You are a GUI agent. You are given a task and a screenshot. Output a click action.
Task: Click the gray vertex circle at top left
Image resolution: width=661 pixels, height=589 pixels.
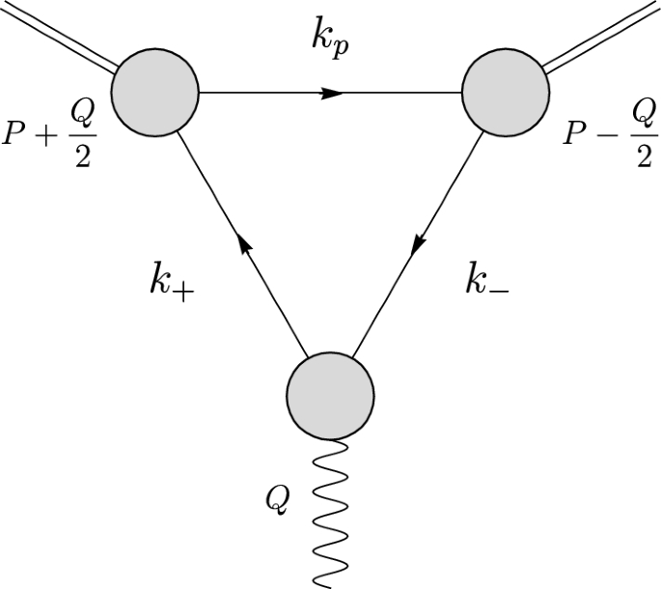[x=155, y=94]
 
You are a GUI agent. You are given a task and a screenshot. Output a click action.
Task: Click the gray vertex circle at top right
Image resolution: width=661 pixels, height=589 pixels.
[x=505, y=94]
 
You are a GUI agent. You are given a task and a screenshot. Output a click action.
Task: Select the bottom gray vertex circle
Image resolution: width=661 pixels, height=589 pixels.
[x=330, y=394]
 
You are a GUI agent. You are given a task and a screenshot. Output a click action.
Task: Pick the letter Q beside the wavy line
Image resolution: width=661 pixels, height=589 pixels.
[x=277, y=499]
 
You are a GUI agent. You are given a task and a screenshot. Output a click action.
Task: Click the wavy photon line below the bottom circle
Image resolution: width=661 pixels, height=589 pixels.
[x=331, y=512]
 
